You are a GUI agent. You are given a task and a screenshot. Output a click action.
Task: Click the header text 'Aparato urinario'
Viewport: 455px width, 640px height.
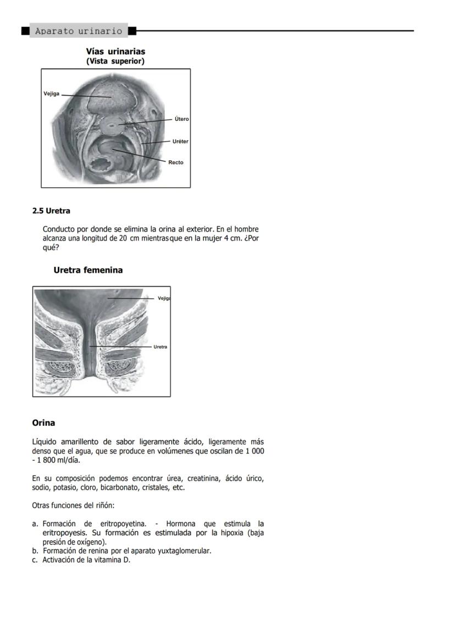[x=79, y=31]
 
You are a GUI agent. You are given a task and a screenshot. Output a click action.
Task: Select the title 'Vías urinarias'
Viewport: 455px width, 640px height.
[x=115, y=51]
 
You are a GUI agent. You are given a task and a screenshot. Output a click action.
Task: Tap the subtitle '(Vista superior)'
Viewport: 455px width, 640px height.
[x=115, y=61]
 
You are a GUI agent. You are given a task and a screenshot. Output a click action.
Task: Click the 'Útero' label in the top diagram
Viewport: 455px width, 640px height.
[x=181, y=119]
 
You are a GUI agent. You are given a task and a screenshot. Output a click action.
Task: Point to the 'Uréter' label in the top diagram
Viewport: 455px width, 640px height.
[x=180, y=141]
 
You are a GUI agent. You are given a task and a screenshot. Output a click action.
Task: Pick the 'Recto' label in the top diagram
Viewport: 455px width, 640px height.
[x=176, y=162]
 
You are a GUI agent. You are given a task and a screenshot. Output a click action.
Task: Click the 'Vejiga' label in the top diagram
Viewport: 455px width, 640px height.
[x=52, y=94]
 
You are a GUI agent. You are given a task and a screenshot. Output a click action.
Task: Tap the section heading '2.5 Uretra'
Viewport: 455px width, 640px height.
[x=51, y=211]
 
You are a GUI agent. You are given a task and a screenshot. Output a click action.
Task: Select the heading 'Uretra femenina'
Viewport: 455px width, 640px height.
[x=88, y=270]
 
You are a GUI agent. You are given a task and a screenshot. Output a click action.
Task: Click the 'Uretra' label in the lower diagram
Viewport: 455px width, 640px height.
[x=160, y=347]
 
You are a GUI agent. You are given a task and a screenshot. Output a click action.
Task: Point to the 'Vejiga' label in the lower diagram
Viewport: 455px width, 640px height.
[x=164, y=298]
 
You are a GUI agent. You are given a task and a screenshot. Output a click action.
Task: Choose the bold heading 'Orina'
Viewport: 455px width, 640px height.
[x=43, y=423]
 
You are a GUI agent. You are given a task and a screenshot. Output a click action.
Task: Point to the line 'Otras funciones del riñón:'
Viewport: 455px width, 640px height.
[x=73, y=506]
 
